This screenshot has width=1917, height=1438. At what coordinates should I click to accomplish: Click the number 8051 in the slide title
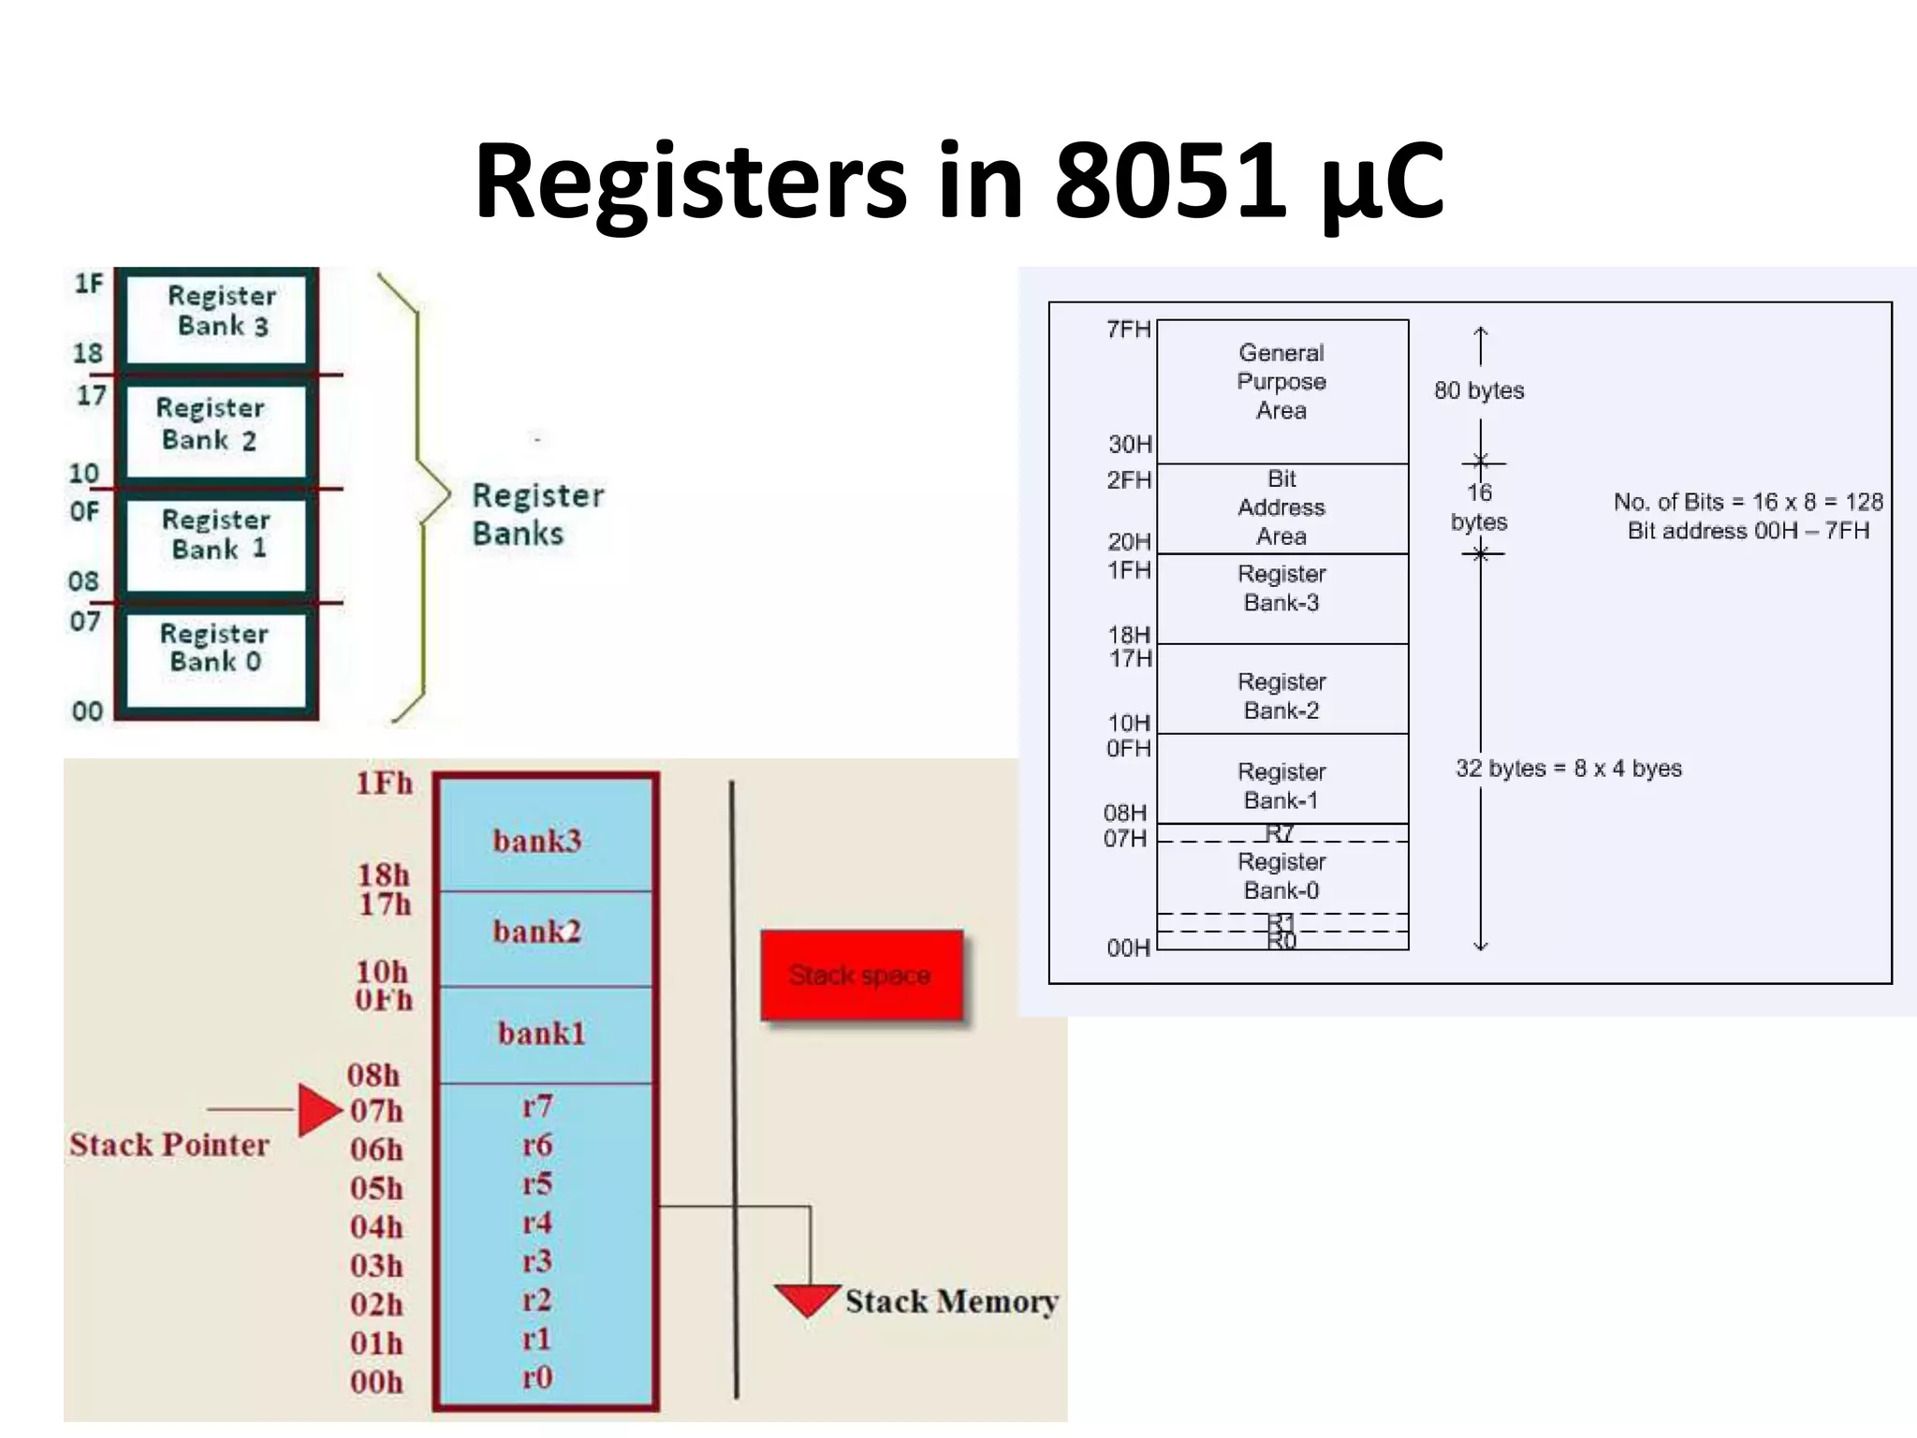1170,180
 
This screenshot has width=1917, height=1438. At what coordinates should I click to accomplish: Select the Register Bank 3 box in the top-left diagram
217,316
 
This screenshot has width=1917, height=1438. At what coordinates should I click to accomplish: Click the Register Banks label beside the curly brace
537,514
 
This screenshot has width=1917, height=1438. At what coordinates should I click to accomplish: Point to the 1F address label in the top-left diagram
89,284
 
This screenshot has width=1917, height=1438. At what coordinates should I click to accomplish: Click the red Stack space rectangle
861,976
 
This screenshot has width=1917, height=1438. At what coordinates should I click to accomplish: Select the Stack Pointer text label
169,1144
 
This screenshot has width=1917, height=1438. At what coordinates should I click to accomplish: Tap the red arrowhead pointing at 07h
319,1110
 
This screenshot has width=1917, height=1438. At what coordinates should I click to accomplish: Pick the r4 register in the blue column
537,1223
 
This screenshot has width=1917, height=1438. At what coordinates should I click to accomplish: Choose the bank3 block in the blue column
538,840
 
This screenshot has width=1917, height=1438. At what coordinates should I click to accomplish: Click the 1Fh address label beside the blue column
384,784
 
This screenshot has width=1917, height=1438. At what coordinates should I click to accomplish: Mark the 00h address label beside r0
376,1382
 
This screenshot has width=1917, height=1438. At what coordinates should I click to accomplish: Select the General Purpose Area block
1281,382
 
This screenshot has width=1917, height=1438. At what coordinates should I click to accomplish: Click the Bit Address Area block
1281,507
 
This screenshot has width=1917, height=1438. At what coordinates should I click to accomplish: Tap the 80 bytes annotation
1479,390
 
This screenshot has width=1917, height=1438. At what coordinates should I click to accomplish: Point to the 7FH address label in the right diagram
1129,330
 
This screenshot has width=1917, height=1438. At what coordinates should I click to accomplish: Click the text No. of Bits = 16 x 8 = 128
1748,502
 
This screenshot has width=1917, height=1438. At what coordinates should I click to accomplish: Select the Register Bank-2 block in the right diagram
1281,696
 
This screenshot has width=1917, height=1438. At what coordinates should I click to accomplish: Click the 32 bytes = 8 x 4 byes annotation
1569,769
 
